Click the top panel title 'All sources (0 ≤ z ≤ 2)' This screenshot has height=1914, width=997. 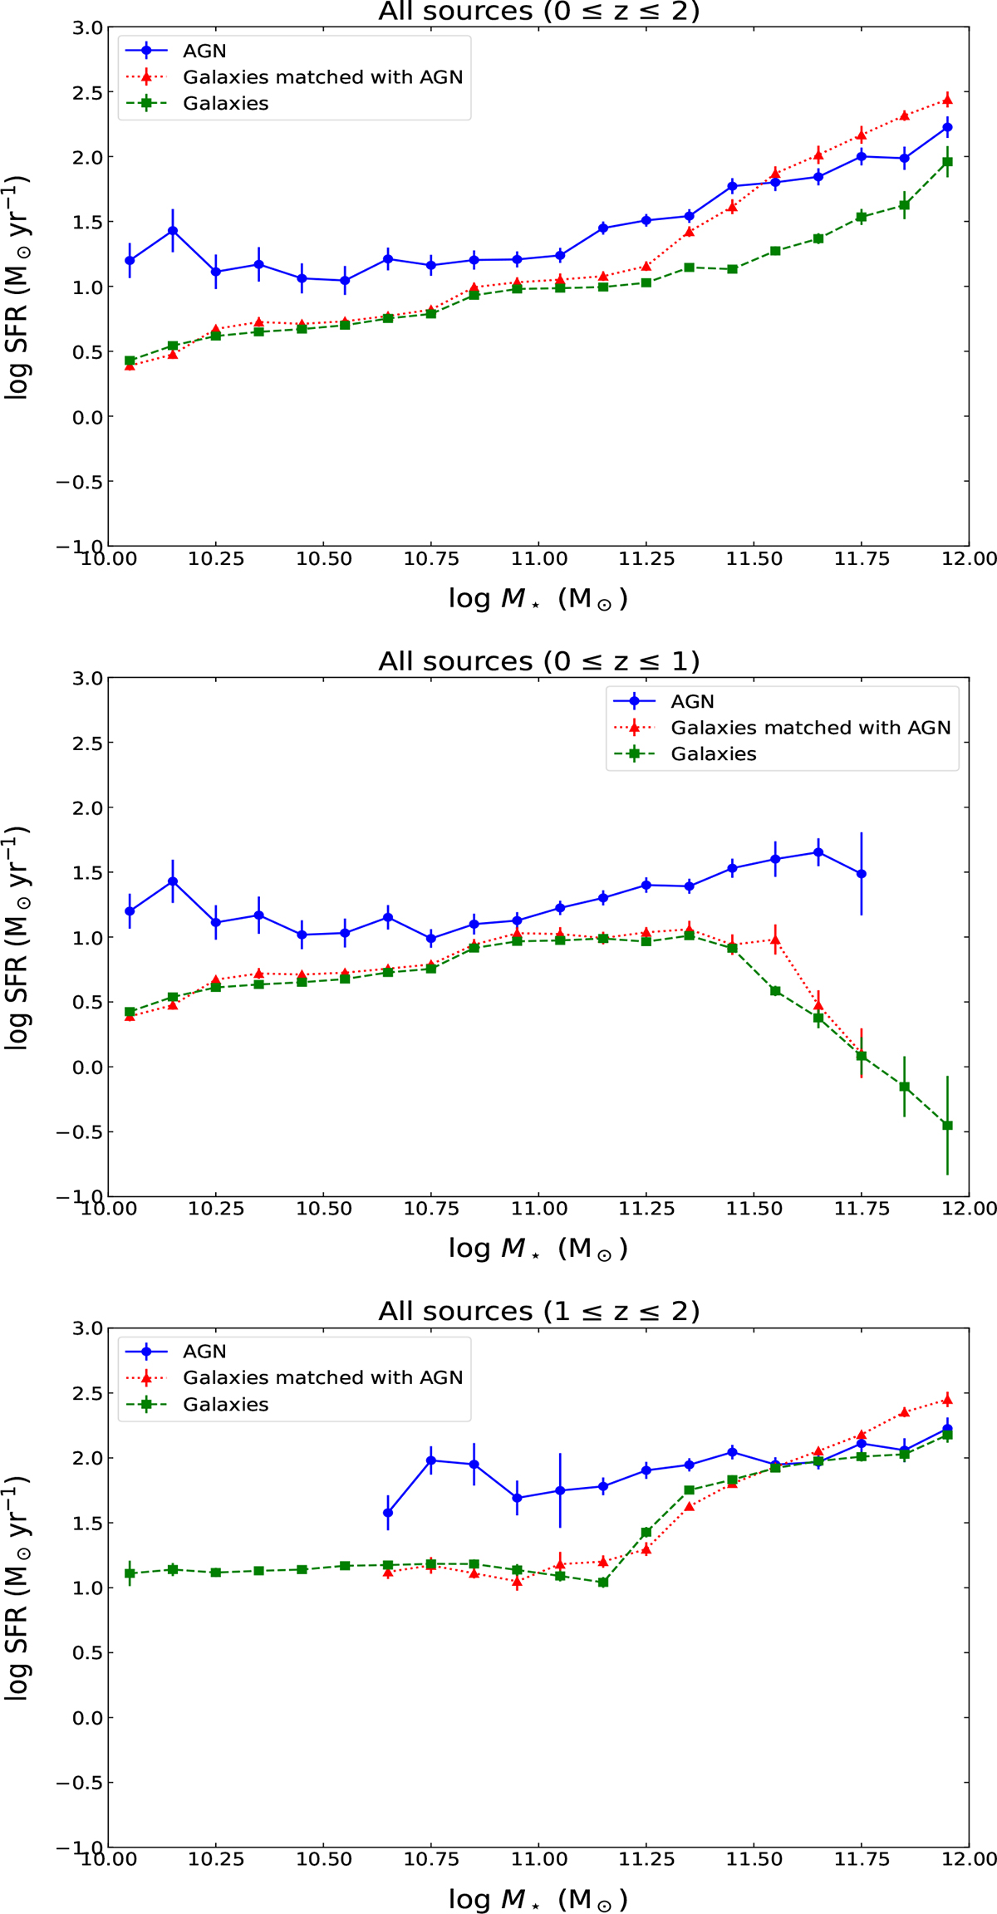[538, 12]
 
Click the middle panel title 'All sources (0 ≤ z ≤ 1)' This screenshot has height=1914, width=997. [538, 661]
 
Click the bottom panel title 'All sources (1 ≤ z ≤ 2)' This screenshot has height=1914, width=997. [538, 1312]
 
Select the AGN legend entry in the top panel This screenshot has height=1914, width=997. [204, 51]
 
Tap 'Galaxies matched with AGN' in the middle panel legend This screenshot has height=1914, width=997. [810, 728]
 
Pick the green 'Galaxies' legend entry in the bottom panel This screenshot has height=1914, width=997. [225, 1405]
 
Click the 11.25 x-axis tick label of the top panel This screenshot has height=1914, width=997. [647, 559]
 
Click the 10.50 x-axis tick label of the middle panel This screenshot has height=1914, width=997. [324, 1210]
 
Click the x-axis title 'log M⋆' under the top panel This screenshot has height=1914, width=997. [538, 599]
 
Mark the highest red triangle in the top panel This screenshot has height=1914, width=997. [947, 101]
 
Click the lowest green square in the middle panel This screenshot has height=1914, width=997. [947, 1126]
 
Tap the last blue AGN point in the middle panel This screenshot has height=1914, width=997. [862, 874]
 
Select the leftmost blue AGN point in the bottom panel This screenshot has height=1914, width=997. [388, 1513]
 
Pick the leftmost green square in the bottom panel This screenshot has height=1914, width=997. [130, 1573]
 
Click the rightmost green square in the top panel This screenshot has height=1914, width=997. [947, 162]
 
